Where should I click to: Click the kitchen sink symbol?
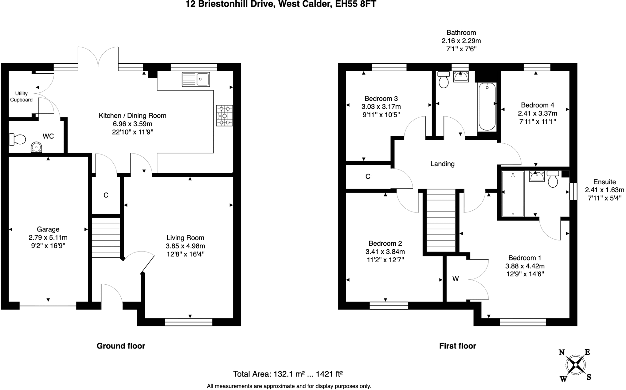tap(196, 79)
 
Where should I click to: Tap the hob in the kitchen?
tap(224, 116)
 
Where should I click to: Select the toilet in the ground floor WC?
tap(17, 139)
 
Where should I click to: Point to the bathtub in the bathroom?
tap(487, 106)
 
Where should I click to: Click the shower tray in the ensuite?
tap(513, 194)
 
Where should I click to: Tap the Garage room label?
tap(48, 229)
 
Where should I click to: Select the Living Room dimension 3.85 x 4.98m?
tap(185, 246)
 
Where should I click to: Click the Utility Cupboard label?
tap(21, 97)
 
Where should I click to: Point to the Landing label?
tap(442, 164)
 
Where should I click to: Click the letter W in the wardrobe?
tap(455, 279)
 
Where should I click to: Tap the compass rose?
tap(576, 365)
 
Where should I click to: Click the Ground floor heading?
tap(121, 346)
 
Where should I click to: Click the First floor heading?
tap(458, 346)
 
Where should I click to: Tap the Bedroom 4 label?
tap(537, 105)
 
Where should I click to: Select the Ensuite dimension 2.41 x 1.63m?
tap(604, 190)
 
